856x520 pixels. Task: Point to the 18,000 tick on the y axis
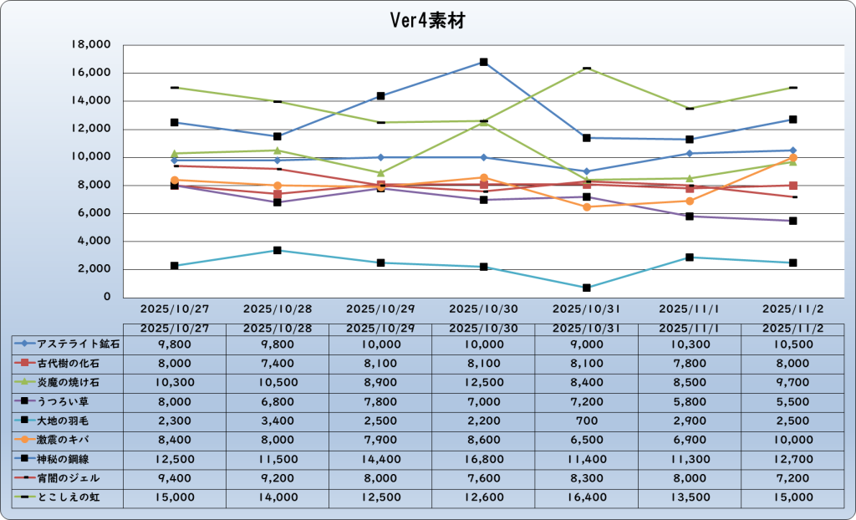click(x=94, y=45)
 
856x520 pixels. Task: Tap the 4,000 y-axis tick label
click(x=97, y=241)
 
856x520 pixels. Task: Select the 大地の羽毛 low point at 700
click(x=587, y=288)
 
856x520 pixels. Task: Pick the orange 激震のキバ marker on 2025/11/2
click(x=792, y=158)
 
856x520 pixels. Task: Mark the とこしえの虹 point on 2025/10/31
click(x=587, y=68)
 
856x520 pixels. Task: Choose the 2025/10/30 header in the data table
click(x=483, y=328)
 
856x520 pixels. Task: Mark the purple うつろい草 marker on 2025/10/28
click(x=278, y=202)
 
